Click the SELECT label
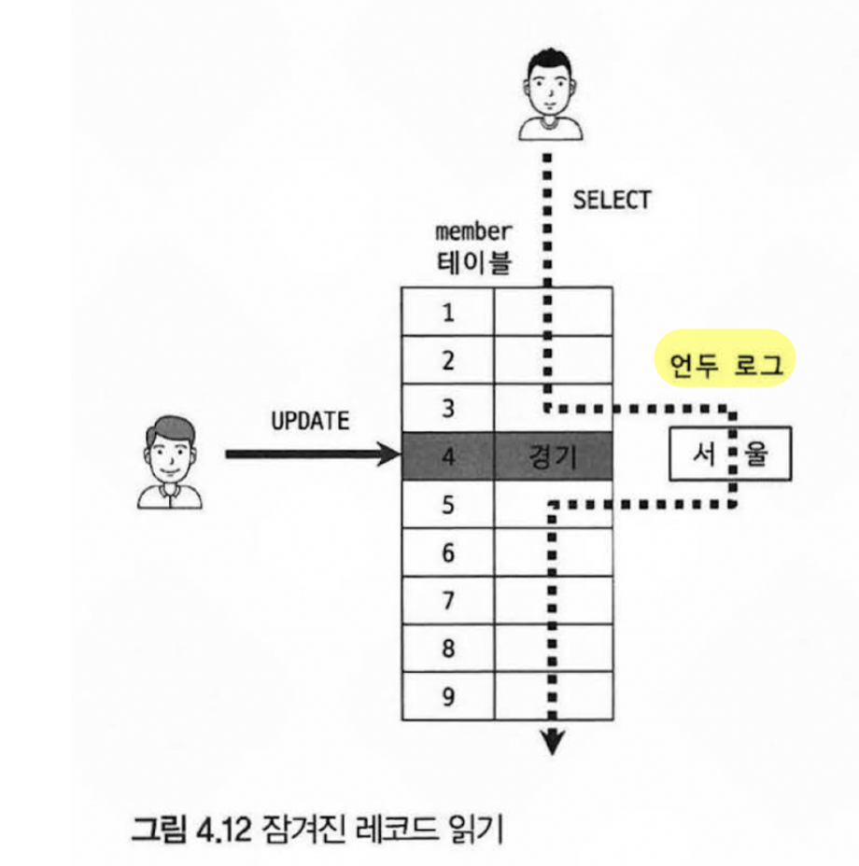pyautogui.click(x=612, y=199)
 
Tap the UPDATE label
pyautogui.click(x=310, y=421)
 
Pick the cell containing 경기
pyautogui.click(x=554, y=456)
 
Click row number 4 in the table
pyautogui.click(x=448, y=456)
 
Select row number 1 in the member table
pyautogui.click(x=448, y=312)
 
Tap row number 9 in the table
pyautogui.click(x=448, y=696)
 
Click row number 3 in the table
pyautogui.click(x=448, y=408)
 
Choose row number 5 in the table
pyautogui.click(x=448, y=505)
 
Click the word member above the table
pyautogui.click(x=474, y=231)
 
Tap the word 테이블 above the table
pyautogui.click(x=474, y=263)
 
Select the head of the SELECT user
pyautogui.click(x=548, y=81)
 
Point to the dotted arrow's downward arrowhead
pyautogui.click(x=554, y=742)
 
